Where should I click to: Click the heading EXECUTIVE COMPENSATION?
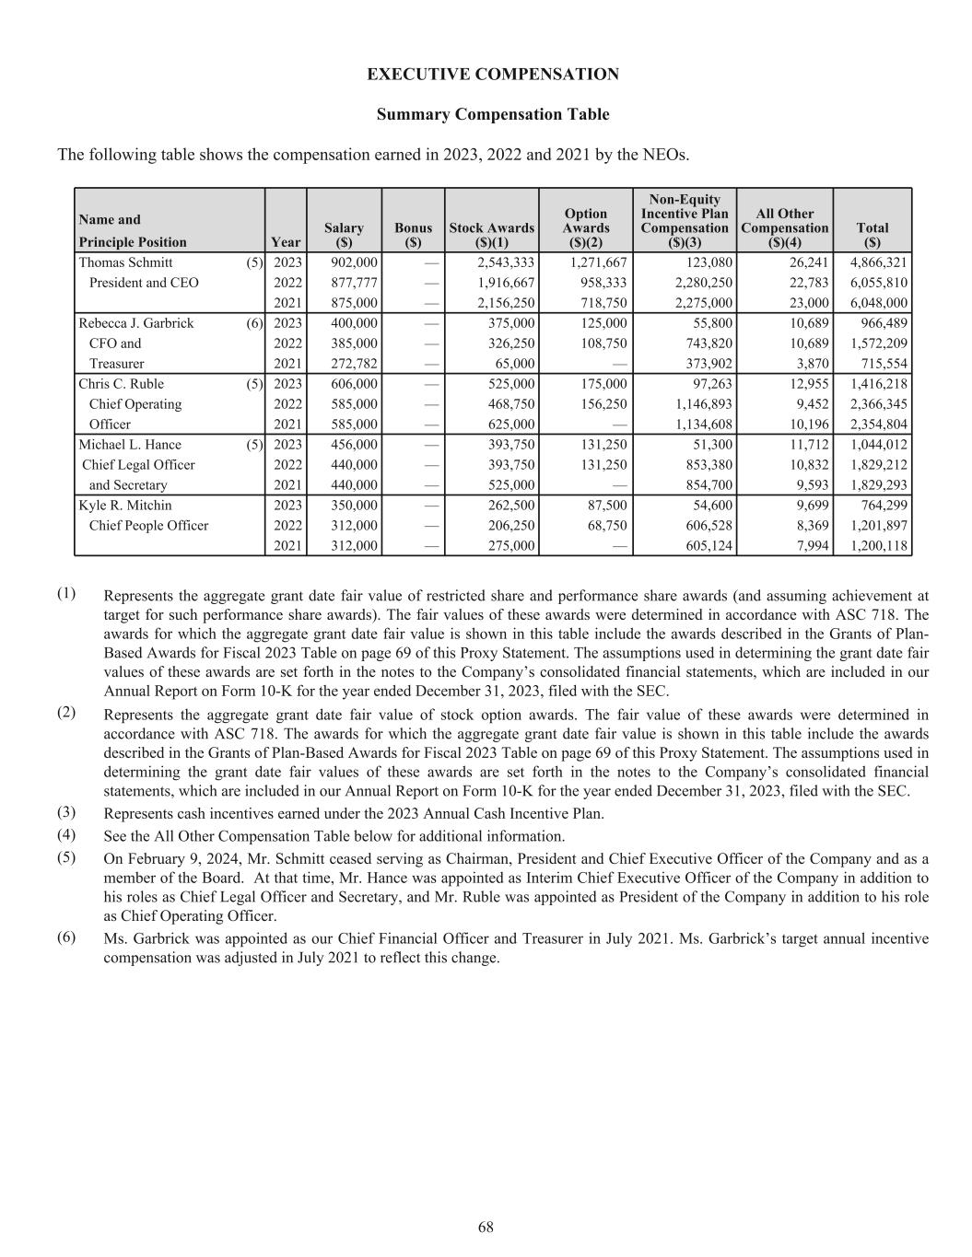click(x=493, y=75)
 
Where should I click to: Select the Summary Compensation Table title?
click(x=493, y=114)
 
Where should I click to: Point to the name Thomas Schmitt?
click(x=125, y=262)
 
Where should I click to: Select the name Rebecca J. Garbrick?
click(x=135, y=323)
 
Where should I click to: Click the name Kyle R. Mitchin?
click(x=124, y=506)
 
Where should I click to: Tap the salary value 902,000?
click(x=354, y=262)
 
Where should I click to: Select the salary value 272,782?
click(x=354, y=364)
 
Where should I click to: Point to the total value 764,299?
click(x=883, y=506)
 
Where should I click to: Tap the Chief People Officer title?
click(x=148, y=526)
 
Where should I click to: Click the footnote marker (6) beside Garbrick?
click(x=255, y=323)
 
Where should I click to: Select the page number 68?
click(x=486, y=1227)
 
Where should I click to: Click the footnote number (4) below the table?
click(x=67, y=835)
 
